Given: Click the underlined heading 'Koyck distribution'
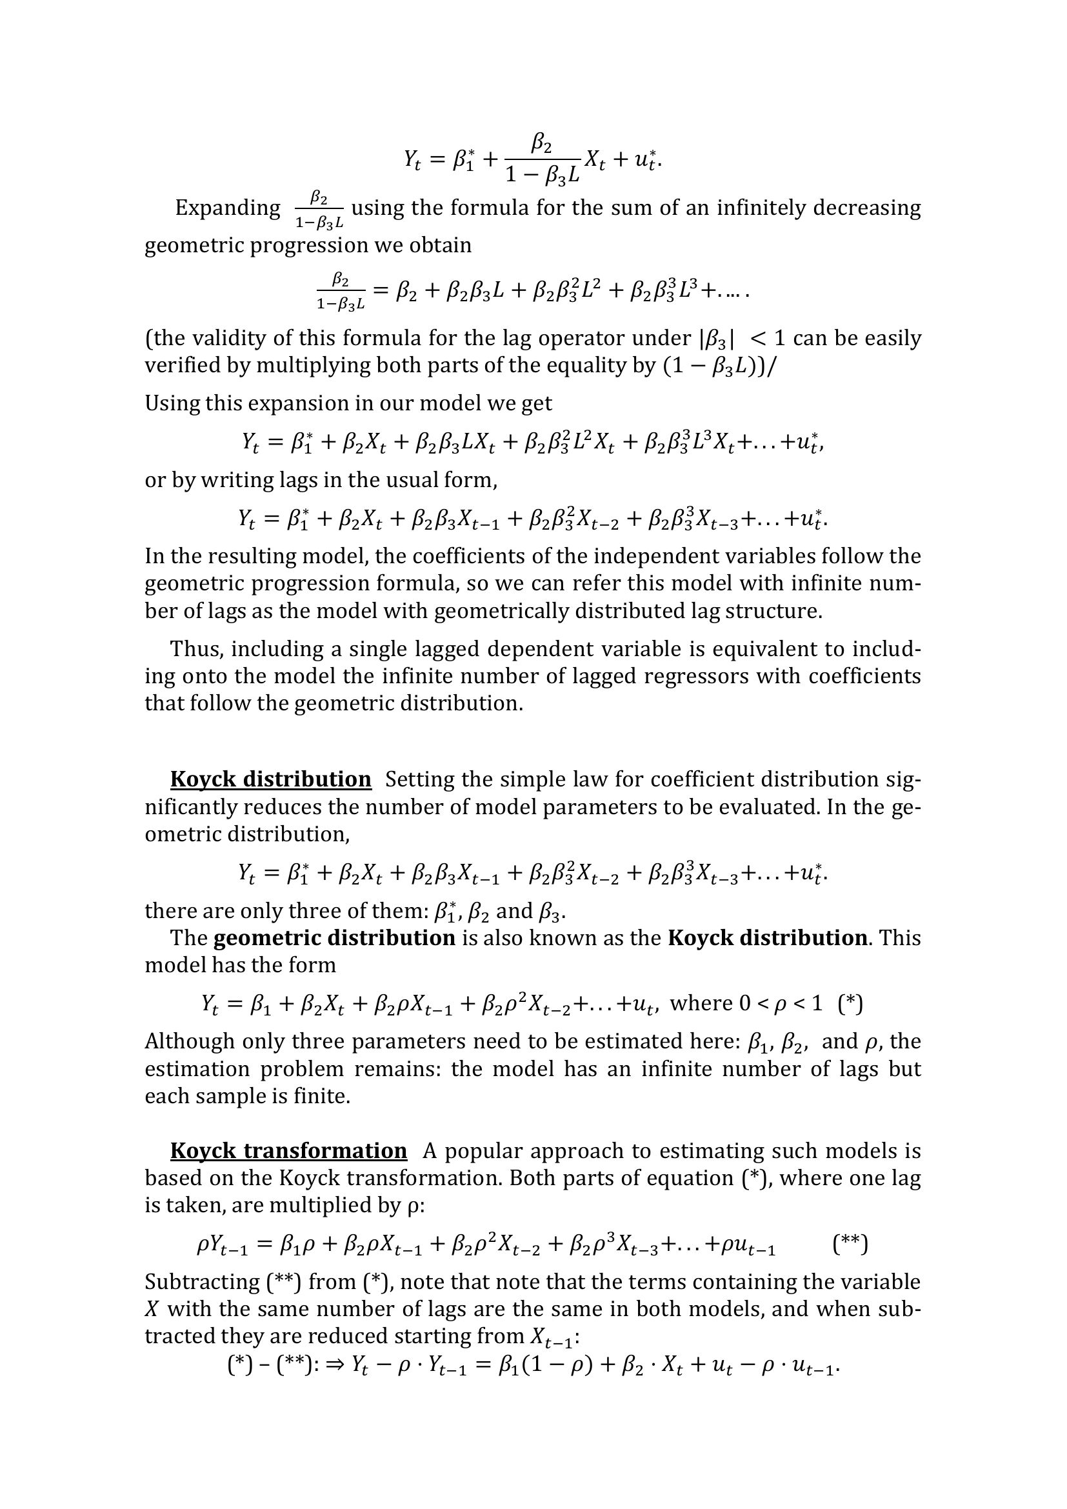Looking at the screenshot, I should click(270, 779).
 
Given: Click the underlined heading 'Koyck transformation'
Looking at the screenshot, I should click(288, 1151).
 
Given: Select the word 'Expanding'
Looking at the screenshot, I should click(227, 208).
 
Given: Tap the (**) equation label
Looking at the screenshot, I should click(850, 1244).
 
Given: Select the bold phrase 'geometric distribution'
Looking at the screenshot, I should click(334, 937).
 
